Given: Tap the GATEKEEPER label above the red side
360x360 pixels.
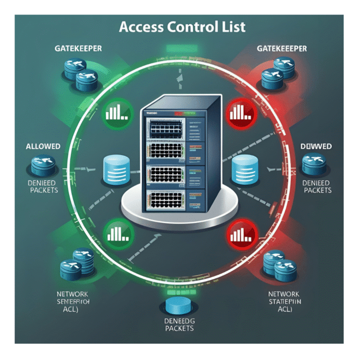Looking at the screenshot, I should click(x=282, y=49).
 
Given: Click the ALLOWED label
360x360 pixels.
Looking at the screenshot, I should click(x=43, y=146).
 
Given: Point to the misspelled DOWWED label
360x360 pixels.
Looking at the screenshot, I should click(x=316, y=147).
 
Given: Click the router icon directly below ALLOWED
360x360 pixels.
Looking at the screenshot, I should click(x=43, y=165).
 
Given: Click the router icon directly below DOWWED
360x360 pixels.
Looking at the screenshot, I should click(x=315, y=165).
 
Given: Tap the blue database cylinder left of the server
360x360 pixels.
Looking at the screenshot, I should click(x=115, y=169).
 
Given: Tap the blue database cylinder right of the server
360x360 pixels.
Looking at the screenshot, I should click(x=244, y=169).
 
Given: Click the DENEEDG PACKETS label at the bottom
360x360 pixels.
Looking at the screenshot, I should click(x=180, y=324).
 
